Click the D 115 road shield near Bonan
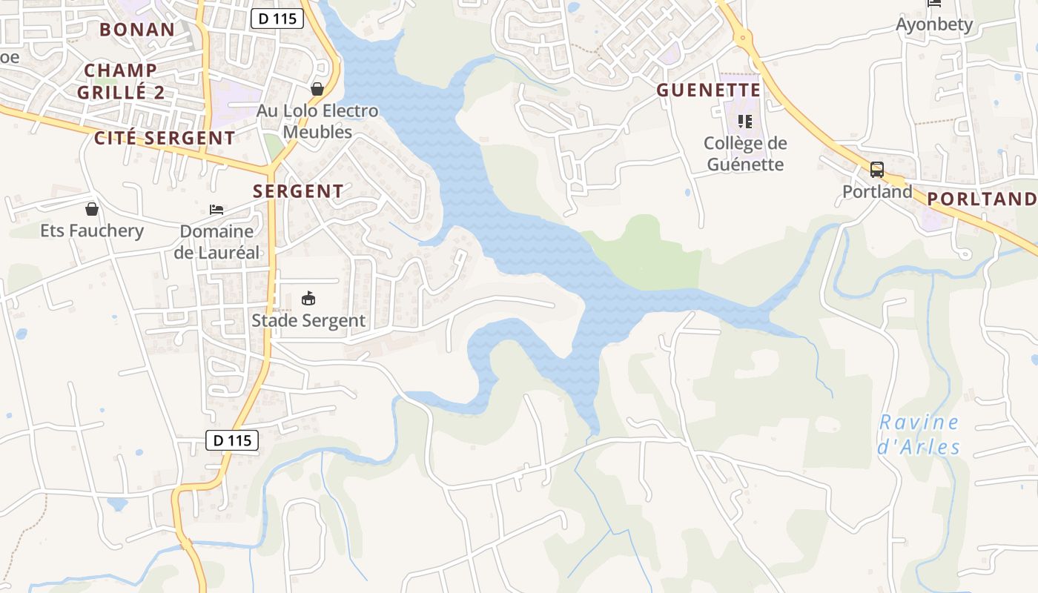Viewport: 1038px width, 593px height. (277, 19)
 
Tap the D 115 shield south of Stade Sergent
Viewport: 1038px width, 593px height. (231, 440)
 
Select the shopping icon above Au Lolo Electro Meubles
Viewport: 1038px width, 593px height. (317, 89)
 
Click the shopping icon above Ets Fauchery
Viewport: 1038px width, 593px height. (92, 209)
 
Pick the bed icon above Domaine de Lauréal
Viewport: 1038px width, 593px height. (216, 210)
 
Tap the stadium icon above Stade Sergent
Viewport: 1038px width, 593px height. (308, 299)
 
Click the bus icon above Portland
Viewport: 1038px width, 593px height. (877, 170)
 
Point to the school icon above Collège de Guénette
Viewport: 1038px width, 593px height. (745, 121)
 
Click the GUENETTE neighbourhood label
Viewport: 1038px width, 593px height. (709, 90)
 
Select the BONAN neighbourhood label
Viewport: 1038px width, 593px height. (137, 30)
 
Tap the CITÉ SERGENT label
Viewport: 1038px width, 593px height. (165, 138)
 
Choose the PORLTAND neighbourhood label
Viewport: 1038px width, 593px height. (981, 199)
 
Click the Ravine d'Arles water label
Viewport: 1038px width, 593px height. (919, 435)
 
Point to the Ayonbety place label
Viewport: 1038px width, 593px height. (934, 24)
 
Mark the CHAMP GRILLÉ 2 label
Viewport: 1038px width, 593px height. (121, 82)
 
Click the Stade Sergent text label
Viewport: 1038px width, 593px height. (308, 320)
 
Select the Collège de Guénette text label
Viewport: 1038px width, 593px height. (745, 153)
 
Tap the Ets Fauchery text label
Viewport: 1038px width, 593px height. (92, 231)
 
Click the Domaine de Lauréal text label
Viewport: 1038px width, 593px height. (216, 242)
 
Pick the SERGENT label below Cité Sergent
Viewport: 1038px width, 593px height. (298, 191)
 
